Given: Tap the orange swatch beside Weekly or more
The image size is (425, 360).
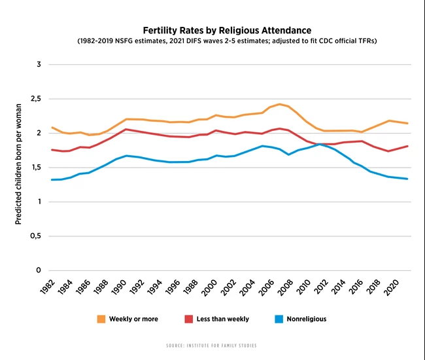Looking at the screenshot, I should point(101,319).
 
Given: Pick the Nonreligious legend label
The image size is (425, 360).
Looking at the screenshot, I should point(306,319).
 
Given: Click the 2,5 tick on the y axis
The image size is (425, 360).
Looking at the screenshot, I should point(35,99).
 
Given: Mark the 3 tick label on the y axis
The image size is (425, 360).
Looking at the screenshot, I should point(39,65).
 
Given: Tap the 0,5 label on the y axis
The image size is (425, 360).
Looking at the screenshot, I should point(35,236).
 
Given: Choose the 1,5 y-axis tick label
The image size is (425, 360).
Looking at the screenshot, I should point(35,168).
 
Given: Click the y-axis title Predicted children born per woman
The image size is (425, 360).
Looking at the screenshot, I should point(18,164).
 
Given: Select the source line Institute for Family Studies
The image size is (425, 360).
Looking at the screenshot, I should point(212,345).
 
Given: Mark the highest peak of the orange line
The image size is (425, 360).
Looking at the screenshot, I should point(280,104).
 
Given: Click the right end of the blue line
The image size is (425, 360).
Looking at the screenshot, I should point(408,179).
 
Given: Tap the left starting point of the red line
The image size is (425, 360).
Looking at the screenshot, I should point(52,150).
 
